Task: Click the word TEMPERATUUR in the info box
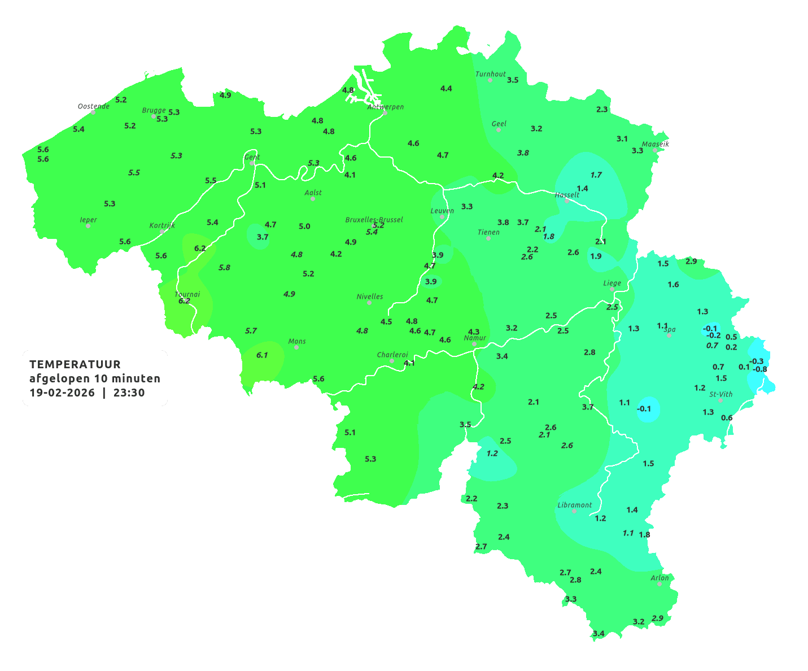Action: tap(75, 364)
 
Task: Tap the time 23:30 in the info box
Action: tap(129, 393)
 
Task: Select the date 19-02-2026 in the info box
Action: tap(62, 393)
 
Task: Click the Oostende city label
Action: tap(93, 106)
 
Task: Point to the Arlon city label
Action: tap(659, 578)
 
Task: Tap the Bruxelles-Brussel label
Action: tap(374, 219)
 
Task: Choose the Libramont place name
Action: tap(574, 505)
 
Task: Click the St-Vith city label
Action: tap(720, 394)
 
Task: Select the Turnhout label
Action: tap(490, 74)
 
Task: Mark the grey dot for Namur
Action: tap(474, 344)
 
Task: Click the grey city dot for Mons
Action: tap(296, 347)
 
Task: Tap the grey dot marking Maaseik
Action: tap(655, 150)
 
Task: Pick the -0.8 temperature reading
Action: tap(760, 369)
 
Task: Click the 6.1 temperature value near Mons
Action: tap(262, 355)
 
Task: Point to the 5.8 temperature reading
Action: tap(224, 267)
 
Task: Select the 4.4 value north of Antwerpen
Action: tap(446, 88)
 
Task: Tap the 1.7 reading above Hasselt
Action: tap(596, 175)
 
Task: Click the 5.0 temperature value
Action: tap(304, 226)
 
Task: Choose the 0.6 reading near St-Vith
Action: tap(727, 418)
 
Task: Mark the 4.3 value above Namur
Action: tap(474, 332)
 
